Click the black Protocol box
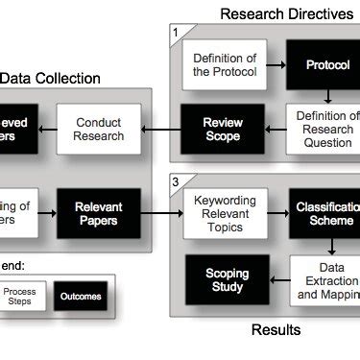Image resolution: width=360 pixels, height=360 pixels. (x=325, y=64)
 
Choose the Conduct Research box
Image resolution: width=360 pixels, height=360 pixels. (x=99, y=130)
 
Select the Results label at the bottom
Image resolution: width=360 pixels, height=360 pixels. (x=276, y=330)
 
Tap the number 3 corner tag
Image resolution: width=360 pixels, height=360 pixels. (x=176, y=180)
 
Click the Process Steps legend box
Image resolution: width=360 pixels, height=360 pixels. (x=20, y=296)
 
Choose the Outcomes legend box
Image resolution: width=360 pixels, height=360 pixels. (x=80, y=296)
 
